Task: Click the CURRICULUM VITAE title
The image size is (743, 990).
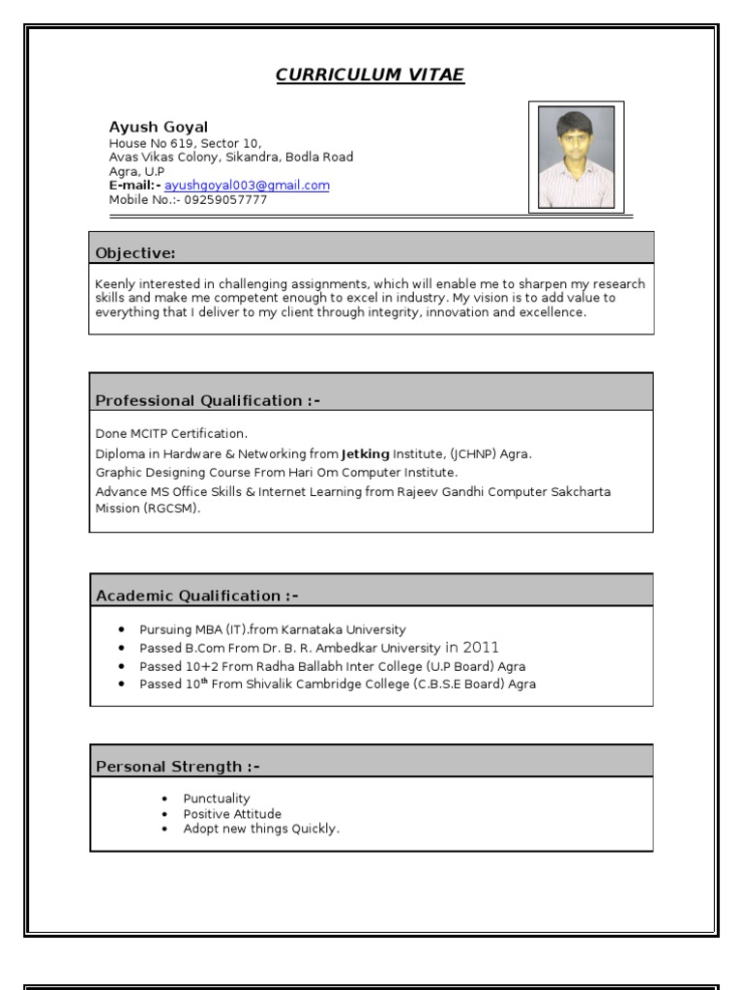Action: pyautogui.click(x=371, y=75)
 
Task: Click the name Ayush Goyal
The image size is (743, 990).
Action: pyautogui.click(x=158, y=128)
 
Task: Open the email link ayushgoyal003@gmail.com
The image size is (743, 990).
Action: pyautogui.click(x=247, y=186)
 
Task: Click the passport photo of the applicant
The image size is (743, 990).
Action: pyautogui.click(x=576, y=157)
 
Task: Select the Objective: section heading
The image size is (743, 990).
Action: pyautogui.click(x=135, y=253)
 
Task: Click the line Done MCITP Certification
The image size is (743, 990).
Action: pyautogui.click(x=171, y=433)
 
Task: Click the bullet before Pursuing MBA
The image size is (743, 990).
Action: pyautogui.click(x=121, y=630)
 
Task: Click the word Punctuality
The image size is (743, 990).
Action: pyautogui.click(x=217, y=799)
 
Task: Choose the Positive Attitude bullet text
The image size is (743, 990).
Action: pyautogui.click(x=232, y=814)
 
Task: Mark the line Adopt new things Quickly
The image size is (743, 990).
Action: pyautogui.click(x=261, y=829)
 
